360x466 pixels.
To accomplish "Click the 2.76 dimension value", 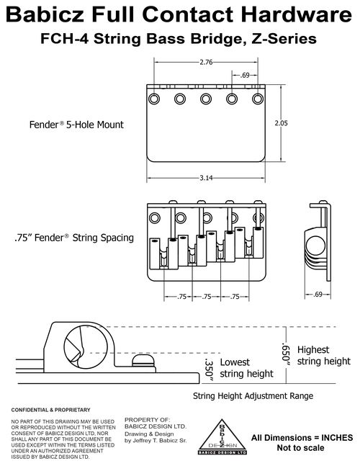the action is pos(206,62).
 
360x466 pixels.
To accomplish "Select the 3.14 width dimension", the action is pos(206,178).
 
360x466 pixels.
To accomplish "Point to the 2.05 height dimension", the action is pos(281,123).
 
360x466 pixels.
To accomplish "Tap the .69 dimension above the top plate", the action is pos(245,75).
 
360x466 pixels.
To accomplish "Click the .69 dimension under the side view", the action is pos(318,295).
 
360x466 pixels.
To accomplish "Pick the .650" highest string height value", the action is pos(285,352).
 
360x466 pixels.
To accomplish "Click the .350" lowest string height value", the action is pos(209,370).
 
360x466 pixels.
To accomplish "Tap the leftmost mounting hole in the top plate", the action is pos(154,99).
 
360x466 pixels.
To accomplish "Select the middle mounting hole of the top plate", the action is pos(206,99).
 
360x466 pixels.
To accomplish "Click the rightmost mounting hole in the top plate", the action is pos(258,99).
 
